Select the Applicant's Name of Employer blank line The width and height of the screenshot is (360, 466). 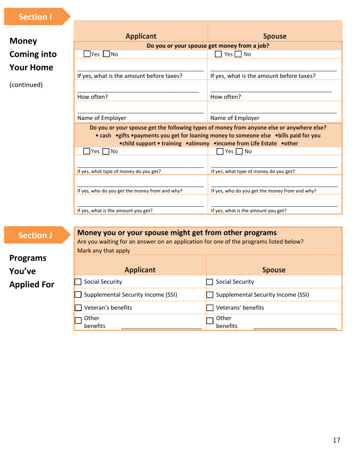pos(140,113)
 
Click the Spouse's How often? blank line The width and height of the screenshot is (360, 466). pos(271,92)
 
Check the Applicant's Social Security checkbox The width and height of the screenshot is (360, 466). pos(78,281)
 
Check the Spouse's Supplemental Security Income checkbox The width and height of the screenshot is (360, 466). pos(210,295)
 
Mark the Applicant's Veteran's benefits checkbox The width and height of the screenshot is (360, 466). pos(78,308)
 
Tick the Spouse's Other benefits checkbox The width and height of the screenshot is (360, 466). pos(210,321)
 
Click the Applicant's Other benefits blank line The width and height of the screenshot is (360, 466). pos(161,328)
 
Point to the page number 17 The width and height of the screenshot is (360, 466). pos(337,440)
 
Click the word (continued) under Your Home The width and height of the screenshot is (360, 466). pos(25,84)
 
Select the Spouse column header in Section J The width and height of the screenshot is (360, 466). pos(274,270)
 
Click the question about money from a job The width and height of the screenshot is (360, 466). pos(208,46)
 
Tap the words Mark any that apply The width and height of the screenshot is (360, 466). pos(103,250)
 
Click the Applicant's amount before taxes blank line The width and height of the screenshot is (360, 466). pos(140,70)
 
